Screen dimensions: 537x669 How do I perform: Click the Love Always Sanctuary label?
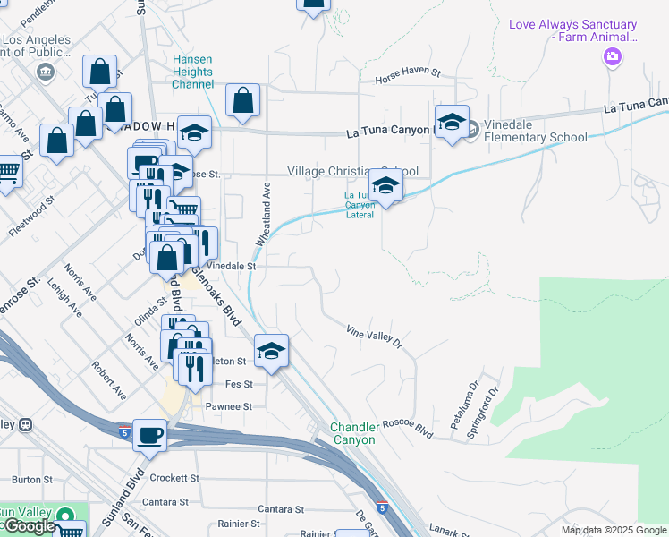click(572, 31)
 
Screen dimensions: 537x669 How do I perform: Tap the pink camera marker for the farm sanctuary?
click(613, 58)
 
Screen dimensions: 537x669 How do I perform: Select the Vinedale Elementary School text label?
click(535, 137)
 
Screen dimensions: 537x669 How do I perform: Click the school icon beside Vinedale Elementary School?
click(452, 123)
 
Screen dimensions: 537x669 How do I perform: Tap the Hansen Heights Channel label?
click(192, 72)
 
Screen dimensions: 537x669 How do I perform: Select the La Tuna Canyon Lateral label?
click(360, 205)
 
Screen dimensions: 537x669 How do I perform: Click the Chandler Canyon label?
click(355, 433)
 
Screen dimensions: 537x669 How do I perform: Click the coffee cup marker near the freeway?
click(150, 435)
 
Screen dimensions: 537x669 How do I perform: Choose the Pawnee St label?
click(231, 405)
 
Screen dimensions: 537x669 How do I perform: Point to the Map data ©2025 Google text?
click(613, 530)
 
